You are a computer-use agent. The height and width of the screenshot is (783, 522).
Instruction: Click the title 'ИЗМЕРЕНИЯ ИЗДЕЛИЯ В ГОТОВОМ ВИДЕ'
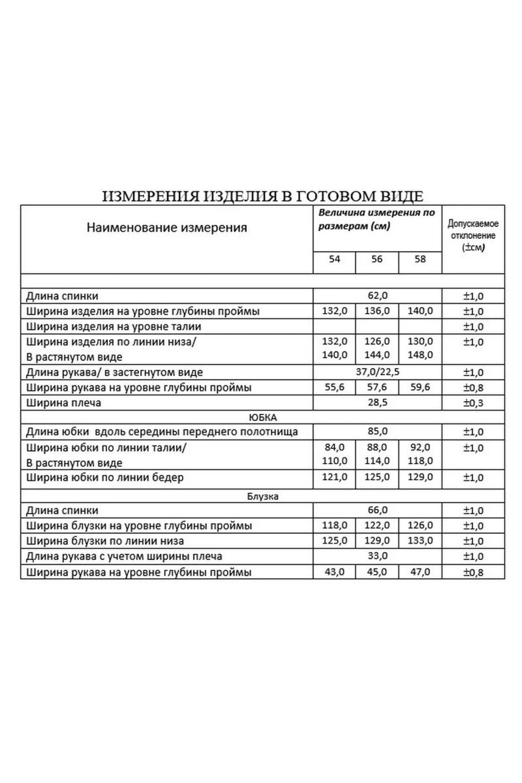coord(262,196)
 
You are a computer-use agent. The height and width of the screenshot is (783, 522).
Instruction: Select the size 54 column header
coord(334,259)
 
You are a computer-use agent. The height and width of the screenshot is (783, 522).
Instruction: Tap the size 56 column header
coord(377,259)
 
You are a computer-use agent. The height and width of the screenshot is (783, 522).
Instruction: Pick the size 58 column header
coord(420,259)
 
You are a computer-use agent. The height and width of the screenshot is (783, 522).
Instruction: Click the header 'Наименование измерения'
coord(166,227)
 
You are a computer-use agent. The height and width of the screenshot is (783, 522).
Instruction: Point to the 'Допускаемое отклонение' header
coord(473,235)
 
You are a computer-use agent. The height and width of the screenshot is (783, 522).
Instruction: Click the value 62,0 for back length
coord(378,296)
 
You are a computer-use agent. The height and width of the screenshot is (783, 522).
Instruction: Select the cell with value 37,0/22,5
coord(378,372)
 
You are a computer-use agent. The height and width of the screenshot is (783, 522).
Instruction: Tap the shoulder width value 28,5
coord(378,402)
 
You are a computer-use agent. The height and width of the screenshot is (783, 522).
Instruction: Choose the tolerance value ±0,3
coord(473,403)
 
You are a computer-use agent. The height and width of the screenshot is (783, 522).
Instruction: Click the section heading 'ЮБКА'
coord(262,417)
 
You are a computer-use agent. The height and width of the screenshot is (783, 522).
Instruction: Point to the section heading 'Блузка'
coord(262,496)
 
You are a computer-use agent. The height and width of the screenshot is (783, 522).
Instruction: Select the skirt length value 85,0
coord(378,431)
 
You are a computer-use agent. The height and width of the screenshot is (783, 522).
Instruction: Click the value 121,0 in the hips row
coord(334,477)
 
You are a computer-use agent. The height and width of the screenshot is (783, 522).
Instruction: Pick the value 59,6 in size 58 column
coord(420,387)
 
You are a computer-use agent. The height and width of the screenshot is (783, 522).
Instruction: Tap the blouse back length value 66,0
coord(378,510)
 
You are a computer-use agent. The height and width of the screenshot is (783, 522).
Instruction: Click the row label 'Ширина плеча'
coord(63,403)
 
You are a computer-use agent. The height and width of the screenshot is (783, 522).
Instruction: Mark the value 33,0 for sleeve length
coord(378,556)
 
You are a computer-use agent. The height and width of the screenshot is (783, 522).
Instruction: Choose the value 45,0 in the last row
coord(377,572)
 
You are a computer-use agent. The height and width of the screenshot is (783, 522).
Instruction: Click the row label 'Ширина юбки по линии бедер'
coord(105,478)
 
